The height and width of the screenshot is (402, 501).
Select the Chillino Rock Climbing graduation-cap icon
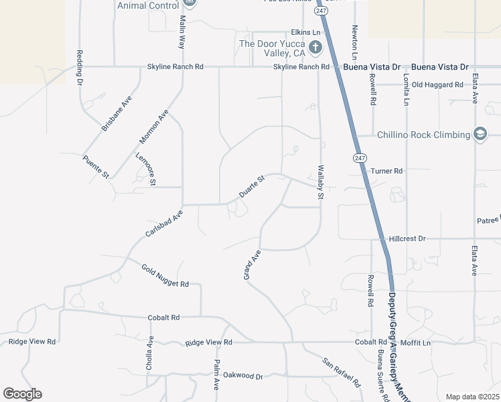(480, 135)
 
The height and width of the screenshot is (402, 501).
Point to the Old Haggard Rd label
(437, 85)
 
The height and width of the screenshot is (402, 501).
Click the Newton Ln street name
(354, 43)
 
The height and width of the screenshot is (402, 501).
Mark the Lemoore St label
(145, 169)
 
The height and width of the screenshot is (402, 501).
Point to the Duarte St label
(253, 187)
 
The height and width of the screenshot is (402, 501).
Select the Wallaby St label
(320, 183)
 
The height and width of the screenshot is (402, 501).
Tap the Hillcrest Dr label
(407, 239)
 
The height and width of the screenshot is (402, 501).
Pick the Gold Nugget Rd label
(165, 275)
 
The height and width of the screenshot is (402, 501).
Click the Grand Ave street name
(251, 265)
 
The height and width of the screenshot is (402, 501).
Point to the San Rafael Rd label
(342, 373)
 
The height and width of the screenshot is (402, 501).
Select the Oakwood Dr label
(243, 375)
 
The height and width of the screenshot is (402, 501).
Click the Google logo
(22, 394)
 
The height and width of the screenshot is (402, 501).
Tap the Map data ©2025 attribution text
(472, 397)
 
